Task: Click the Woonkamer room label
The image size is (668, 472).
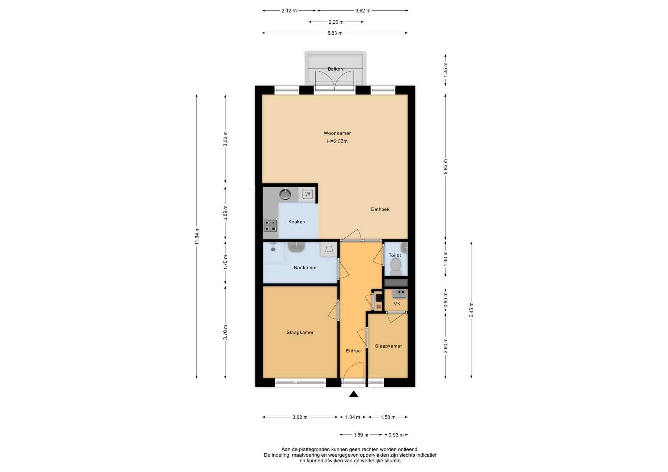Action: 337,133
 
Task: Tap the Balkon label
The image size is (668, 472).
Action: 335,69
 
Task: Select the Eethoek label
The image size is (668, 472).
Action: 380,209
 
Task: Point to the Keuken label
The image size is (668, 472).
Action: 297,221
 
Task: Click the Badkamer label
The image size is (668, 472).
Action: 305,268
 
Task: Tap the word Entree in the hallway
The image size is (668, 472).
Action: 353,351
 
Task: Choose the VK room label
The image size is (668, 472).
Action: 397,304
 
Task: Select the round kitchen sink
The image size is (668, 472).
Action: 286,194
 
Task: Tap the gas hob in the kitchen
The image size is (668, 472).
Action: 270,225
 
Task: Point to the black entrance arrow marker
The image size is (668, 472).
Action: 354,394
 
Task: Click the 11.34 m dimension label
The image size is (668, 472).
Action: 197,236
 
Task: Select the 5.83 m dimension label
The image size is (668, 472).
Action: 335,33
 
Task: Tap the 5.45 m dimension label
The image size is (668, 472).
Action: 471,310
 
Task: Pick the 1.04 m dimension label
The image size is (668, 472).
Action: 353,417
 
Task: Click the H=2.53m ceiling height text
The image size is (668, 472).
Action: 337,141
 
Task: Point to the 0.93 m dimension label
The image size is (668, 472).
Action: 396,435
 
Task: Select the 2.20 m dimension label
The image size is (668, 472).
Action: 336,22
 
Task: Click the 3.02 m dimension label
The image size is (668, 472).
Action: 300,417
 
